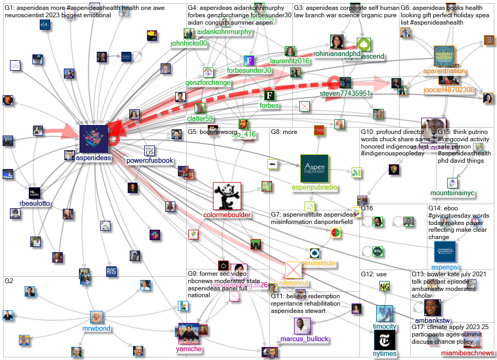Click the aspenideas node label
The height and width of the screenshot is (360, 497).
93,158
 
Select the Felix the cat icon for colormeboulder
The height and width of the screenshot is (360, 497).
227,196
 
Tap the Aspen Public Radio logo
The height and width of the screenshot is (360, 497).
314,168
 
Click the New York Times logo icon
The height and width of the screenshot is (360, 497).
384,340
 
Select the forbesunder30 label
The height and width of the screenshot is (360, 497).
249,71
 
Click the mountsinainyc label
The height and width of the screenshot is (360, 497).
453,193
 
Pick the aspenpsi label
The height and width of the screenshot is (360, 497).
444,267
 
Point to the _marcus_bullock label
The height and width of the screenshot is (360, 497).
302,339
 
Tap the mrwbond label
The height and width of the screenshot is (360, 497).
96,329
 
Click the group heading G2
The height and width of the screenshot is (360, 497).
9,281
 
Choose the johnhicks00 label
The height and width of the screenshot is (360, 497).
189,43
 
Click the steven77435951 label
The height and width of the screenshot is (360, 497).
345,94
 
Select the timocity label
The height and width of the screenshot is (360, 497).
384,326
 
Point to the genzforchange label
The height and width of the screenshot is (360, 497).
208,83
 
